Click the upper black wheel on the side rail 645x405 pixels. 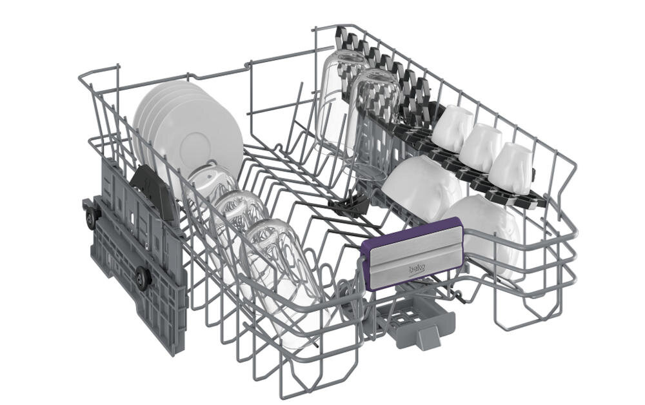click(x=92, y=217)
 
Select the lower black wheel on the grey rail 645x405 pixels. click(x=144, y=277)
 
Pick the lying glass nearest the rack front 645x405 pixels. click(x=284, y=275)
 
